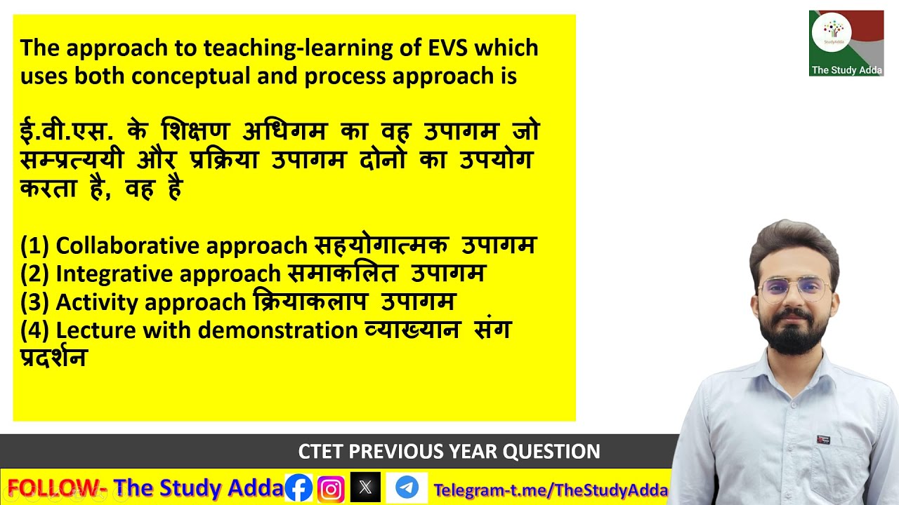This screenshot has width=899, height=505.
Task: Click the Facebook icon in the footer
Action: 298,487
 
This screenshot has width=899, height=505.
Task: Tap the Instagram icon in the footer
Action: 331,487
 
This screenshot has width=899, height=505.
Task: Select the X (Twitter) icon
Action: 365,487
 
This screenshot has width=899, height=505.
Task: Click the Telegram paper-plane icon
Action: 407,487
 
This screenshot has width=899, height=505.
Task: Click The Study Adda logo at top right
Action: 846,43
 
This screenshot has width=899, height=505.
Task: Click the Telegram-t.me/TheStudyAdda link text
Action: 551,490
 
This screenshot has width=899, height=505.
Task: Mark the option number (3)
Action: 34,302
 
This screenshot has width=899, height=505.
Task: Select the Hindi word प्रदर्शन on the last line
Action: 53,357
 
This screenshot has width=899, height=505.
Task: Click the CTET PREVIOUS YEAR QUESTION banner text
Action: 449,452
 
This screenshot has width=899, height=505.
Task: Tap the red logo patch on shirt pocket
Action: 823,440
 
